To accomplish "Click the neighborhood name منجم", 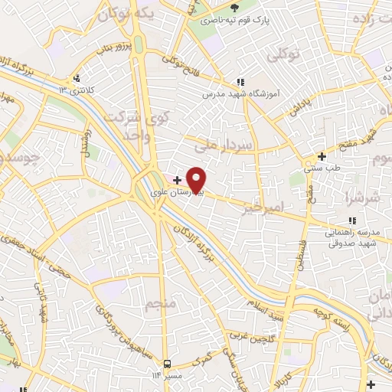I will click(160, 304).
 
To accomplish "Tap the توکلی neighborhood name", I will click(282, 55).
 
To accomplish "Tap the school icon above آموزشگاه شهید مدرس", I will click(240, 81).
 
